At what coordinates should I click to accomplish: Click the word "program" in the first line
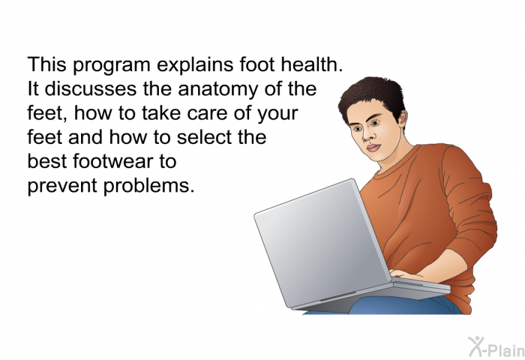(x=112, y=66)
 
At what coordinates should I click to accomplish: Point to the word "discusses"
(x=91, y=88)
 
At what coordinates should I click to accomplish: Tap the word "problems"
(x=148, y=186)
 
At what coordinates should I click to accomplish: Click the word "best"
(x=46, y=161)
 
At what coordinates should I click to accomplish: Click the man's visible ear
(x=402, y=118)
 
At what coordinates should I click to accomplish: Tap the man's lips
(x=373, y=148)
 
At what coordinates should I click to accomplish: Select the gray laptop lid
(x=322, y=243)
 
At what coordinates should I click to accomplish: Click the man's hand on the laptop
(x=406, y=275)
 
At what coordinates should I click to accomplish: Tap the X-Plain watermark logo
(x=496, y=347)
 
